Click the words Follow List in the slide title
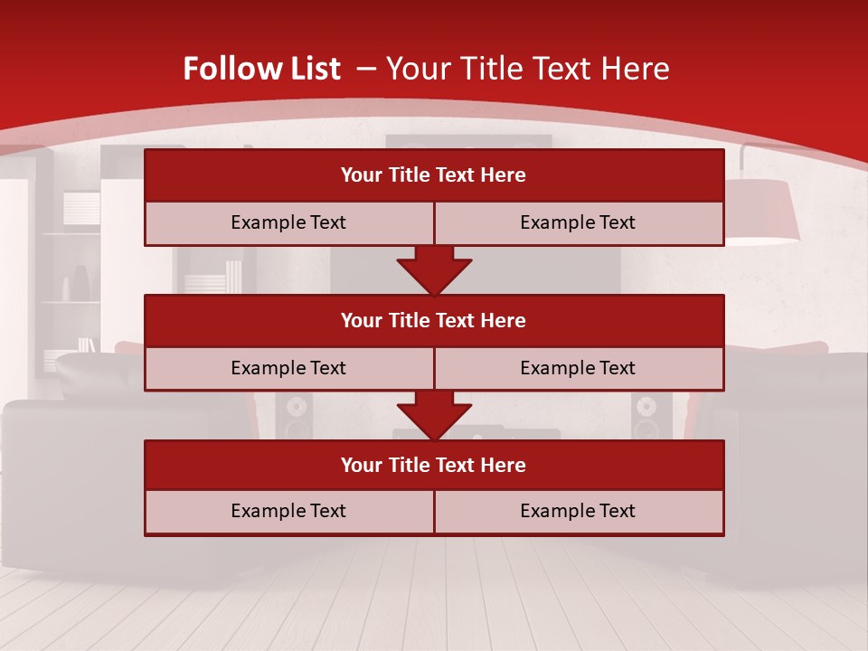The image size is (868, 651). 261,69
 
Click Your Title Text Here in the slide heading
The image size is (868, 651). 527,69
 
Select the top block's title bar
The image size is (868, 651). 434,175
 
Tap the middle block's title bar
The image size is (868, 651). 434,320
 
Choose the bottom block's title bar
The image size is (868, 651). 434,465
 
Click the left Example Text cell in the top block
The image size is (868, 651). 288,222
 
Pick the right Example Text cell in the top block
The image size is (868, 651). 578,222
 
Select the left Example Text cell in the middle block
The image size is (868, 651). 288,368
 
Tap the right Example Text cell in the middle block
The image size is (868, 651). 578,368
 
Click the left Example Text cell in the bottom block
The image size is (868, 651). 288,511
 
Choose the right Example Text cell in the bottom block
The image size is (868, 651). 578,511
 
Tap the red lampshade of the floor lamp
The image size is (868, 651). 764,212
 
